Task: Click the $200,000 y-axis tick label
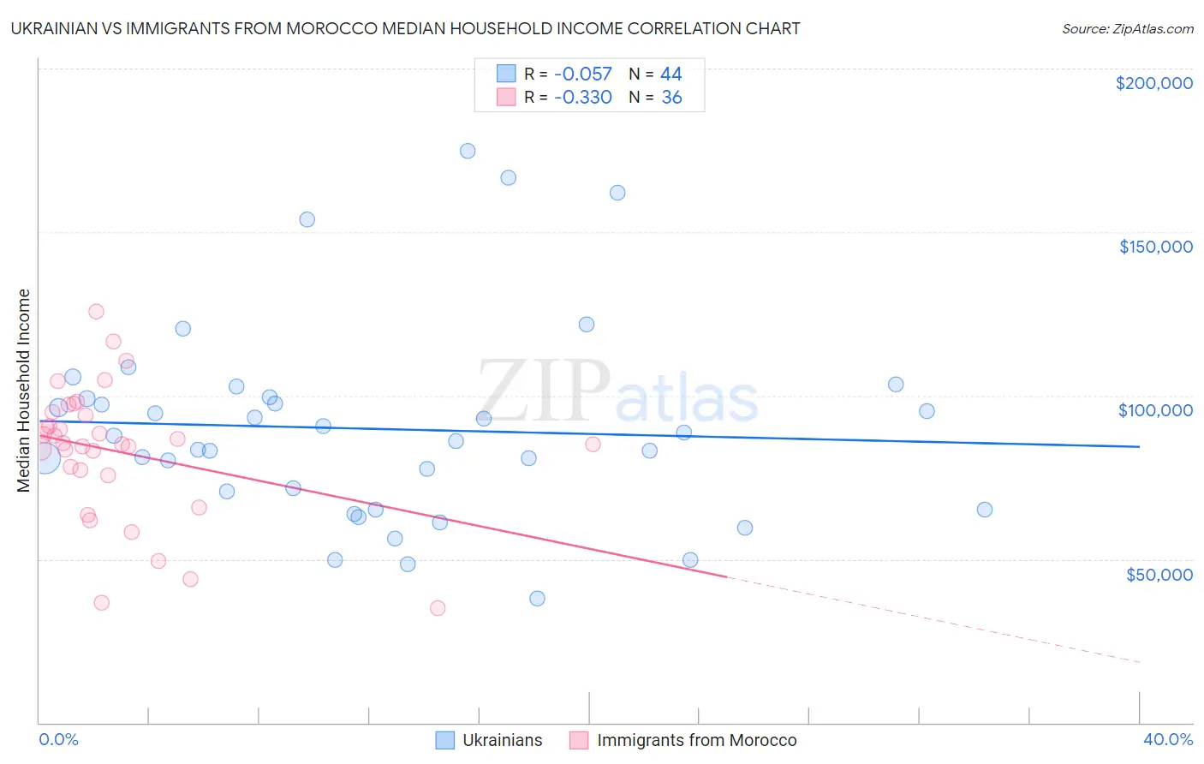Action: pyautogui.click(x=1153, y=83)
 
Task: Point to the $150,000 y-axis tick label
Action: pyautogui.click(x=1155, y=247)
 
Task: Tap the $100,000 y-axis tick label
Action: pyautogui.click(x=1155, y=410)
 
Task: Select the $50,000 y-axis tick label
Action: pyautogui.click(x=1159, y=574)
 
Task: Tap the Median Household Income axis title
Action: pyautogui.click(x=24, y=391)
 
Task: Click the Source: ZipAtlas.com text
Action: pyautogui.click(x=1127, y=29)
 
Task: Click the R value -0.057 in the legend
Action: pyautogui.click(x=583, y=75)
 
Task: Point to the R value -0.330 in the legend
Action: pyautogui.click(x=583, y=98)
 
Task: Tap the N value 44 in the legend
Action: pyautogui.click(x=671, y=75)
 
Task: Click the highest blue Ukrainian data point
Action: pyautogui.click(x=468, y=151)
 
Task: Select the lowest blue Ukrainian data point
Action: pyautogui.click(x=537, y=599)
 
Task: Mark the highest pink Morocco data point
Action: pyautogui.click(x=96, y=312)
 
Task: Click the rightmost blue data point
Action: pyautogui.click(x=985, y=510)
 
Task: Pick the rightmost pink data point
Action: pyautogui.click(x=593, y=445)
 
